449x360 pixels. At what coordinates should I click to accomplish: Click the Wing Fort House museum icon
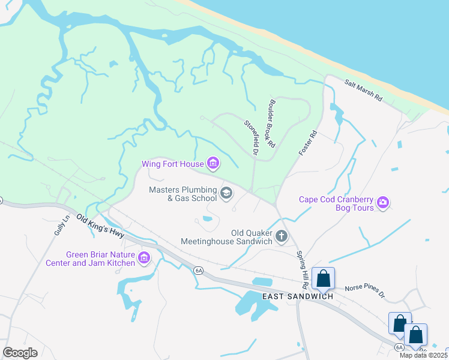[x=212, y=163]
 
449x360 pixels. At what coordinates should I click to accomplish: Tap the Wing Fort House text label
[x=172, y=164]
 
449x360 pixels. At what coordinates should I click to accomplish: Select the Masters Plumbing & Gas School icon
[x=226, y=193]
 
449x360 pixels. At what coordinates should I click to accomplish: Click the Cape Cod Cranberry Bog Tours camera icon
[x=383, y=203]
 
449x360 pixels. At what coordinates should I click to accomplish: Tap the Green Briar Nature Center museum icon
[x=143, y=258]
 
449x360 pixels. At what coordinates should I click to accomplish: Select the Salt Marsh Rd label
[x=363, y=91]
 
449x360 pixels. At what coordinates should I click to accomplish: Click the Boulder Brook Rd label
[x=273, y=123]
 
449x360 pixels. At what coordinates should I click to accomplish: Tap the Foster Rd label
[x=307, y=144]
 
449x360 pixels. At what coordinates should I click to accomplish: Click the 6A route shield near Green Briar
[x=199, y=271]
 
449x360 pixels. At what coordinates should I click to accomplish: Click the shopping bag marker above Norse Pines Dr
[x=323, y=278]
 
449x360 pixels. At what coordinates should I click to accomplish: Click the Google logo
[x=20, y=353]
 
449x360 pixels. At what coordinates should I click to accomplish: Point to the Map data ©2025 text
[x=423, y=355]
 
